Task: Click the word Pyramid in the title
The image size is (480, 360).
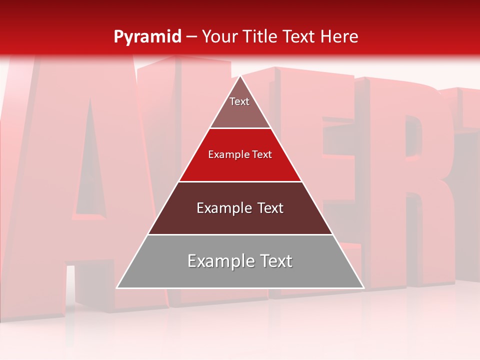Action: coord(147,36)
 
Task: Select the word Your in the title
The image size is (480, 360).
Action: coord(218,36)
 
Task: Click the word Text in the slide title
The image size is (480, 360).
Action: coord(298,36)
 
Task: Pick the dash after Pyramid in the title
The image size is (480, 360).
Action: coord(191,37)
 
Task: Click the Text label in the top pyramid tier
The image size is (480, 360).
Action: coord(239,101)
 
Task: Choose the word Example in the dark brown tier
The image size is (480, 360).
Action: coord(222,208)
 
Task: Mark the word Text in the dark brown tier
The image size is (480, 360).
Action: coord(270,208)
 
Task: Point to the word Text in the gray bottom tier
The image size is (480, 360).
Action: coord(276,261)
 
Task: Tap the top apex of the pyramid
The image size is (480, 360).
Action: coord(240,76)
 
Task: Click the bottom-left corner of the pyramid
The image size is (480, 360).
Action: coord(117,287)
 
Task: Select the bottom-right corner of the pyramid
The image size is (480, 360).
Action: coord(363,287)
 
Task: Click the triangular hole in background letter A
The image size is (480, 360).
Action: coord(90,160)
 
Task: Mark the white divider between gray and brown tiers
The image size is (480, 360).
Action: coord(240,234)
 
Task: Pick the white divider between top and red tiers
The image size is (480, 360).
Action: coord(240,128)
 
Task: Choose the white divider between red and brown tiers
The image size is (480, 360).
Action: coord(240,181)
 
